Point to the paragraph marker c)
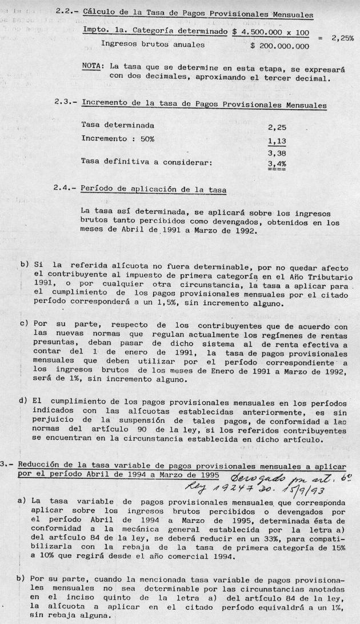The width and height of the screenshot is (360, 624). pos(24,323)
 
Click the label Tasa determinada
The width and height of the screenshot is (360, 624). pos(118,125)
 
